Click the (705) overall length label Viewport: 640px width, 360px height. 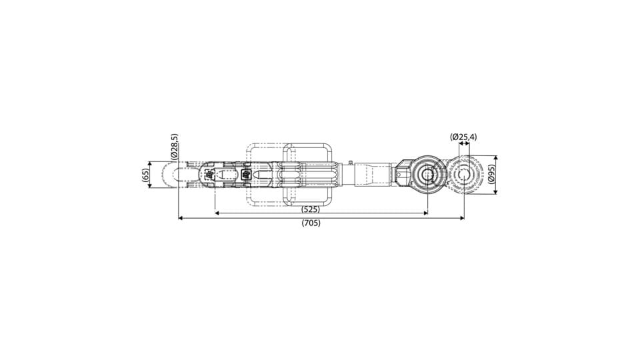311,223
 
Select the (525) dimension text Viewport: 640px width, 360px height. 311,209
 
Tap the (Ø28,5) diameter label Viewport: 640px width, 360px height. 174,146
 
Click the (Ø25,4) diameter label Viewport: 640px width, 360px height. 463,137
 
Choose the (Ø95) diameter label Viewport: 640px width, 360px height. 491,175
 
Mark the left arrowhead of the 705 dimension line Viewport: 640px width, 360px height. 181,219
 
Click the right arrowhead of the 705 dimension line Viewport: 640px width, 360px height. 461,219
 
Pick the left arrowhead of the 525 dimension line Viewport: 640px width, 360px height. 217,213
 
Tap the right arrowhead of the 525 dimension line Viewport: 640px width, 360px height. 425,213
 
